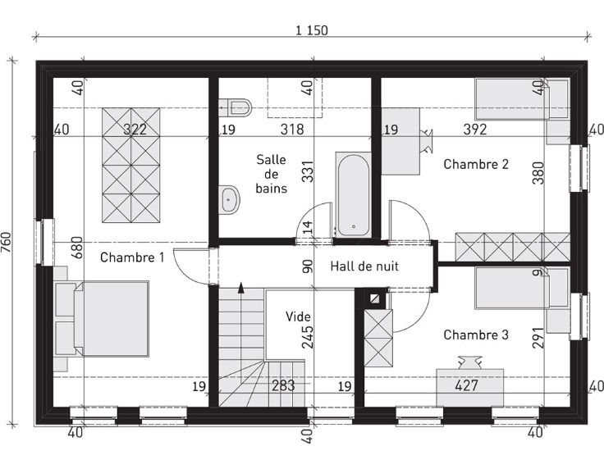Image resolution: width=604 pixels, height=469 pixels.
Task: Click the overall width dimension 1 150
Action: tap(312, 30)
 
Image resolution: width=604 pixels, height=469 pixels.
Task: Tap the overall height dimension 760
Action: tap(7, 243)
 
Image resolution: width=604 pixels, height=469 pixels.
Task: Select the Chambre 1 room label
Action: tap(132, 257)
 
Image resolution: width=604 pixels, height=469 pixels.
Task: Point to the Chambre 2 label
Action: tap(476, 164)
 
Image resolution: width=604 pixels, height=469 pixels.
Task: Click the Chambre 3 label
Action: tap(476, 335)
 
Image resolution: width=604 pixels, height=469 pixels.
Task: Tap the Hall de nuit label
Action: tap(364, 266)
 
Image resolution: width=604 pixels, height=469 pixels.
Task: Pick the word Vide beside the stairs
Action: tap(298, 316)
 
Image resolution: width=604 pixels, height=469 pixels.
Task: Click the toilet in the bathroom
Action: tap(236, 107)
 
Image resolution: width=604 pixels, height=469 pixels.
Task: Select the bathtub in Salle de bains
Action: tap(353, 194)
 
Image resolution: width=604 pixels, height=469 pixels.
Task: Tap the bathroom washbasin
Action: tap(230, 199)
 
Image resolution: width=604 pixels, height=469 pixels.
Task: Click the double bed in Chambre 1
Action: tap(112, 319)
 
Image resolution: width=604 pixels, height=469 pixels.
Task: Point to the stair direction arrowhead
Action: tap(241, 288)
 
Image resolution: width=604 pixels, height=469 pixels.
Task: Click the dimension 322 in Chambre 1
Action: tap(135, 130)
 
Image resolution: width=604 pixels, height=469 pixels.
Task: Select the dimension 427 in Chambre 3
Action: tap(466, 385)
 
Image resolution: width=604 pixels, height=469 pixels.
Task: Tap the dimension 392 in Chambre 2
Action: tap(475, 130)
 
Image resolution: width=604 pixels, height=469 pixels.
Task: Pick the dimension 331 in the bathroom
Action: tap(308, 171)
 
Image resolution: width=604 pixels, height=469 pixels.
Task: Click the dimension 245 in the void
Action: tap(308, 338)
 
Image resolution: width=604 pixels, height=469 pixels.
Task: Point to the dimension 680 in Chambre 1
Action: tap(77, 248)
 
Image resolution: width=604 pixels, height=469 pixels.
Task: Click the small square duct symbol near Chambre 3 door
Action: tap(374, 299)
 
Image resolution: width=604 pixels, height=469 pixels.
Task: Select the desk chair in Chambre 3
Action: tap(470, 362)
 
